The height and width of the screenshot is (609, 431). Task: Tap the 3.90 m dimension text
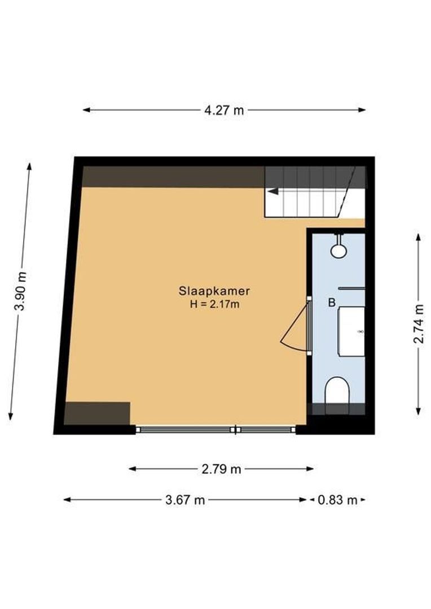point(21,291)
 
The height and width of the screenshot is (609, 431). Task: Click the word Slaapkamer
point(214,292)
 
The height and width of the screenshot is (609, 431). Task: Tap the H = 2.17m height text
point(214,304)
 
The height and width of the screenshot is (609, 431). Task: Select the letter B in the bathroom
point(332,303)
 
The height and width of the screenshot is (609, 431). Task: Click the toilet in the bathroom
point(338,390)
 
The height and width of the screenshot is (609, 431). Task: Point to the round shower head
point(338,251)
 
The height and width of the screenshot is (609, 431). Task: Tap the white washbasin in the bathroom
point(351,331)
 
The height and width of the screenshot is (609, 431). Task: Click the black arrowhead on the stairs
point(272,191)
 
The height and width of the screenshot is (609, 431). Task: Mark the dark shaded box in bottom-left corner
point(97,413)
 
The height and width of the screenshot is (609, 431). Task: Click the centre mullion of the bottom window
point(236,430)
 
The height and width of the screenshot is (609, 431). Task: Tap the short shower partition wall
point(352,289)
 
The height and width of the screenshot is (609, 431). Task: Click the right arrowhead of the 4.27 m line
point(362,110)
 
